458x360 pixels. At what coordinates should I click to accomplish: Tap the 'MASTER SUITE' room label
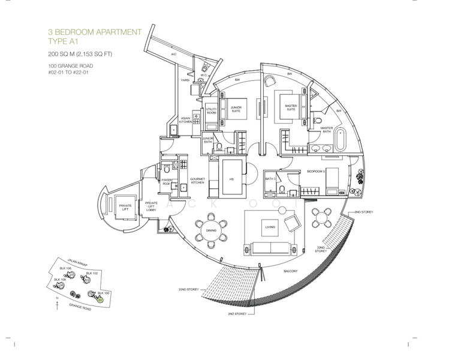291,108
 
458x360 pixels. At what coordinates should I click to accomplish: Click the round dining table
211,230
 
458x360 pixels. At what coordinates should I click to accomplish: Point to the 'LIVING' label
270,227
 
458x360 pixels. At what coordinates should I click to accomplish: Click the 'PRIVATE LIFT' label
125,206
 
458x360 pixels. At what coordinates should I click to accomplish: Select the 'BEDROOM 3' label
315,171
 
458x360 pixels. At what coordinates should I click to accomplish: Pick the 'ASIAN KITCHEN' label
186,119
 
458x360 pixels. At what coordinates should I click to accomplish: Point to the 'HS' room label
231,179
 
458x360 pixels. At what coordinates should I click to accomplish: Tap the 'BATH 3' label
270,179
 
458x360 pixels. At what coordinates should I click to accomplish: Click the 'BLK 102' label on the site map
91,273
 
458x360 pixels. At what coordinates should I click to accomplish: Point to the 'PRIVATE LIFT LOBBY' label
151,206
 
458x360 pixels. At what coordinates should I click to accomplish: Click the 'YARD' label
185,80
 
